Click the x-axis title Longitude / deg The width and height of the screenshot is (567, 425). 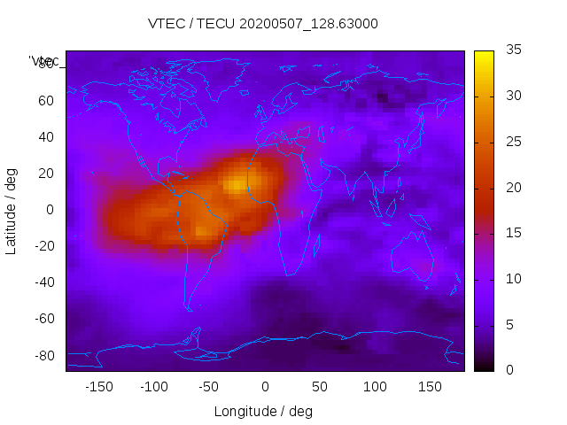coord(263,411)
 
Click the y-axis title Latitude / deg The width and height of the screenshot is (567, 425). coord(12,210)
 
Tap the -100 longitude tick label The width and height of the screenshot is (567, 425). coord(153,386)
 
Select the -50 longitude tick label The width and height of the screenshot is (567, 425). coord(209,386)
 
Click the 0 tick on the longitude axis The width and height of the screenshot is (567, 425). coord(265,386)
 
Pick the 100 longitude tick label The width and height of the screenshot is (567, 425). coord(375,386)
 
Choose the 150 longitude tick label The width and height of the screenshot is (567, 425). coord(430,386)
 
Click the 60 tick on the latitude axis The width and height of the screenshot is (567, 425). coord(46,100)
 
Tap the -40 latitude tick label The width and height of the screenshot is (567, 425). coord(43,282)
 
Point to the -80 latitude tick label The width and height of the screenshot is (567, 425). coord(43,355)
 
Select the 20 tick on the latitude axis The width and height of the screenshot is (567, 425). coord(46,174)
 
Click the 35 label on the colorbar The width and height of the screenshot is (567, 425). coord(512,50)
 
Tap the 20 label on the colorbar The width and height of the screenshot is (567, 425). coord(512,188)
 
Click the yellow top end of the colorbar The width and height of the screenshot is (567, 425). coord(484,55)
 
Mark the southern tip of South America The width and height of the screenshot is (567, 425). coord(189,309)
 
